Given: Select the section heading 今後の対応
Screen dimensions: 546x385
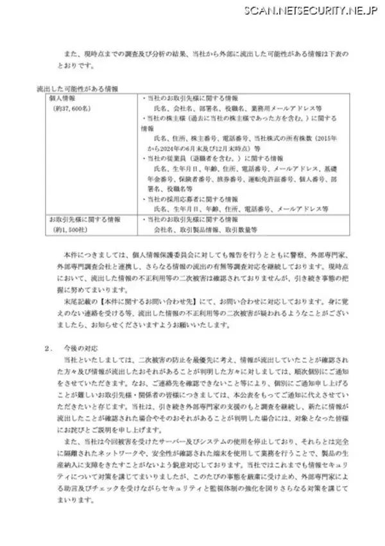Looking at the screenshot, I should click(78, 348).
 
